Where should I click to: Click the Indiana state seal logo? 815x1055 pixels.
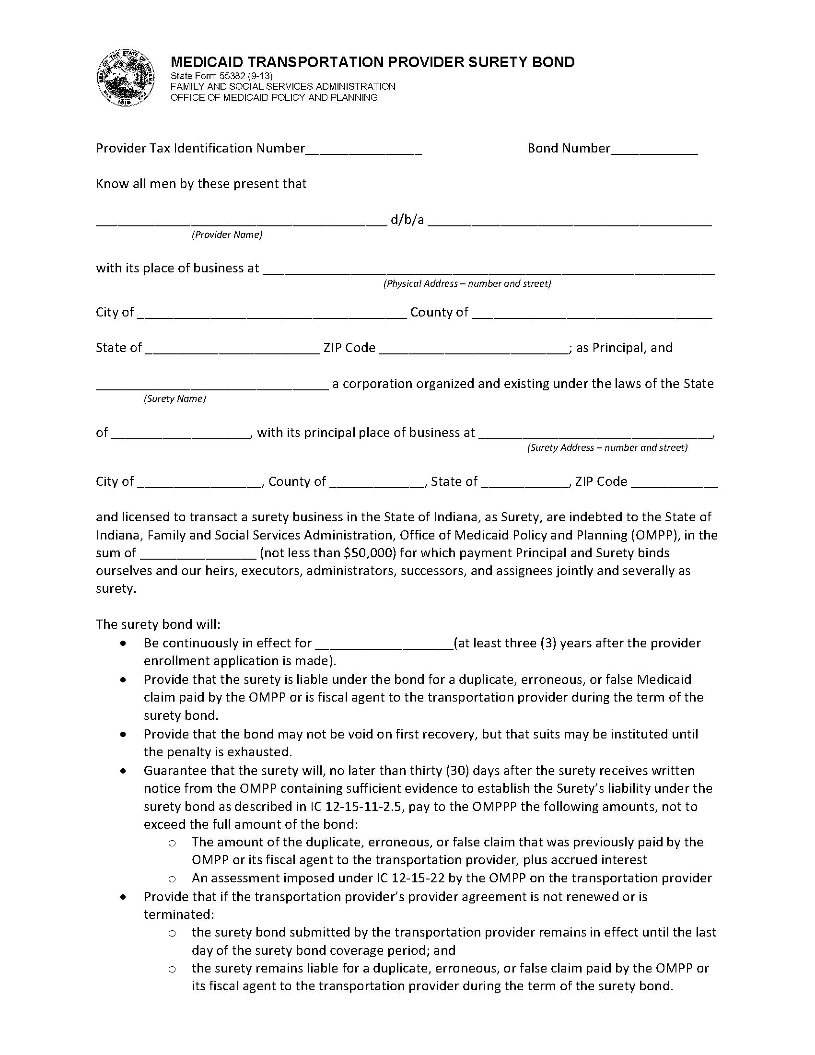pyautogui.click(x=125, y=77)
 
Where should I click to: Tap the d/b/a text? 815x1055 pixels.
pyautogui.click(x=407, y=220)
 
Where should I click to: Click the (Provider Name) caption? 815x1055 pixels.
pyautogui.click(x=227, y=235)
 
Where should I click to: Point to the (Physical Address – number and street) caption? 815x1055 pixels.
pyautogui.click(x=467, y=283)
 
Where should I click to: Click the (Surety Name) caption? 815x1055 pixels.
pyautogui.click(x=175, y=399)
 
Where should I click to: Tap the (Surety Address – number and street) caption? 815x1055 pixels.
pyautogui.click(x=607, y=448)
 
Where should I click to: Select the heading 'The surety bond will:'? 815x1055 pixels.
pyautogui.click(x=158, y=624)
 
